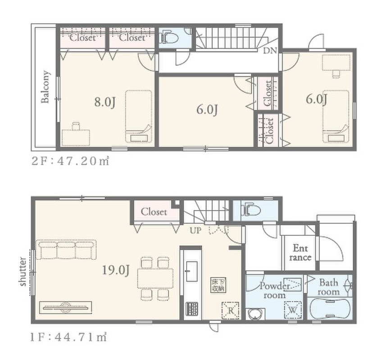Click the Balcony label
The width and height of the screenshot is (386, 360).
click(x=45, y=87)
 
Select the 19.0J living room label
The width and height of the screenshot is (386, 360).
click(x=116, y=270)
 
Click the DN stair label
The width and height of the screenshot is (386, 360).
click(x=270, y=51)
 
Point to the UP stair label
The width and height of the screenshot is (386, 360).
click(x=195, y=231)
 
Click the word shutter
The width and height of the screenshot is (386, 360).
click(x=23, y=271)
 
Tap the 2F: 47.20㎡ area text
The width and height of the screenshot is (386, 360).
click(x=70, y=161)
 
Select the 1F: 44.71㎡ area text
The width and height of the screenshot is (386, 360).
click(x=68, y=337)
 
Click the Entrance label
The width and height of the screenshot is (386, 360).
click(x=300, y=253)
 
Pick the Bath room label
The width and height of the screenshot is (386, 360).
click(x=329, y=287)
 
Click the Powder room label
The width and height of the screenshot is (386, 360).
click(x=274, y=290)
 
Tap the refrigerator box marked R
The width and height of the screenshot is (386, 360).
click(x=231, y=310)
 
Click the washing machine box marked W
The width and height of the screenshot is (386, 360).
click(x=292, y=310)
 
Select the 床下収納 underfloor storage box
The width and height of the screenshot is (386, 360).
click(x=218, y=285)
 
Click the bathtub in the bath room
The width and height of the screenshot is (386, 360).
click(x=329, y=309)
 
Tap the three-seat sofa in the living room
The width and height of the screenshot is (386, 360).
click(x=66, y=250)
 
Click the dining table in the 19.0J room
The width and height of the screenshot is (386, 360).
click(x=155, y=279)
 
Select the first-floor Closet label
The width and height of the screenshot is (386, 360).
click(x=154, y=211)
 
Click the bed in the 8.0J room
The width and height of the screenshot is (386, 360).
click(x=138, y=116)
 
